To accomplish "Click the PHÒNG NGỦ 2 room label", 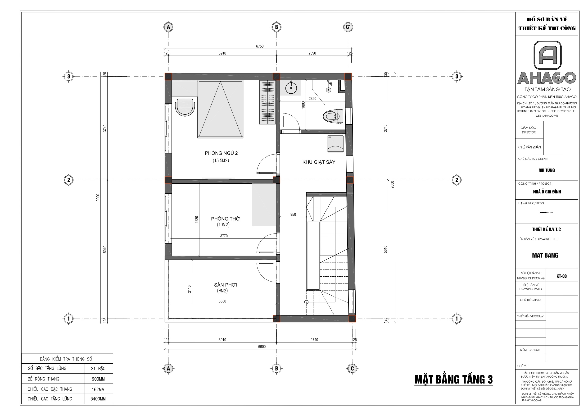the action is pyautogui.click(x=221, y=153).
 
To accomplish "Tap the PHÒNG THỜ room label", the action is pyautogui.click(x=225, y=219).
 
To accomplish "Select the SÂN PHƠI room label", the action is pyautogui.click(x=225, y=285).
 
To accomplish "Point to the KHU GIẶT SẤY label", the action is pyautogui.click(x=319, y=162).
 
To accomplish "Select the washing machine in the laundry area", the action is pyautogui.click(x=335, y=144).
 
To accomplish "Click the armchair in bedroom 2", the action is pyautogui.click(x=185, y=107).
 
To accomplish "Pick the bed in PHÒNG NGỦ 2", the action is pyautogui.click(x=220, y=109).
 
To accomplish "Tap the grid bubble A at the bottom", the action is pyautogui.click(x=168, y=369).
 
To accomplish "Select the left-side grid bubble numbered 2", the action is pyautogui.click(x=68, y=180).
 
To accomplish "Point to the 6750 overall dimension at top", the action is pyautogui.click(x=260, y=46).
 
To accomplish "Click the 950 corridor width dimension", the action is pyautogui.click(x=293, y=215).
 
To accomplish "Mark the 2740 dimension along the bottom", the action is pyautogui.click(x=314, y=340).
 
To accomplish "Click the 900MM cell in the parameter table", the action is pyautogui.click(x=98, y=379).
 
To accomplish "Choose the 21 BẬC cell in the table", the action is pyautogui.click(x=98, y=369).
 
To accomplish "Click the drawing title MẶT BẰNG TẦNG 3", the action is pyautogui.click(x=453, y=379).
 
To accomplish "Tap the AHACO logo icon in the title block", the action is pyautogui.click(x=547, y=55).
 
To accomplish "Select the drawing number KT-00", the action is pyautogui.click(x=562, y=276).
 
